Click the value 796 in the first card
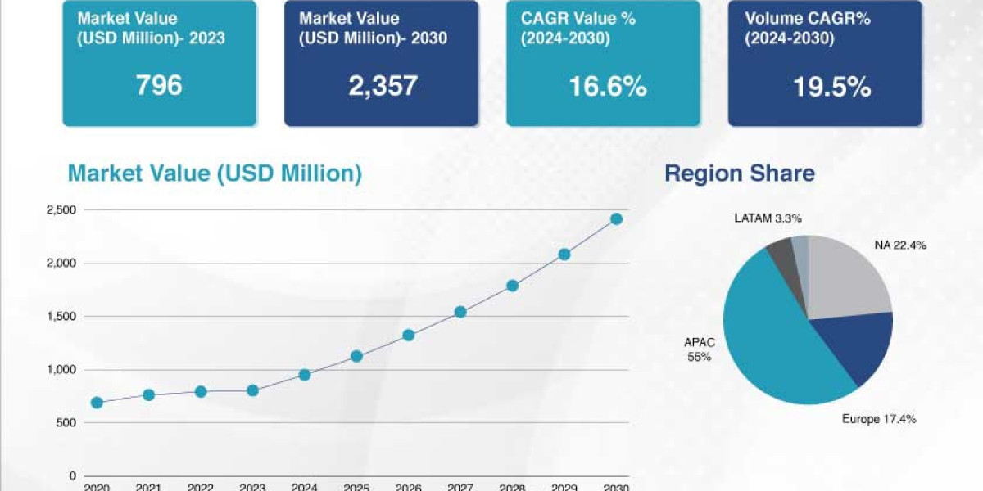(159, 85)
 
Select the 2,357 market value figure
(382, 85)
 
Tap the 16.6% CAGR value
(606, 85)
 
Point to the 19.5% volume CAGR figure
(831, 87)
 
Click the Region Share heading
(739, 173)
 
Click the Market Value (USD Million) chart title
(215, 173)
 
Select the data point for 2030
(616, 219)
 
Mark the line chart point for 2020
(97, 403)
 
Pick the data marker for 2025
(356, 356)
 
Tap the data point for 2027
(460, 312)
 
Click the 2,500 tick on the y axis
(61, 210)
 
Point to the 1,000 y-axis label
(61, 370)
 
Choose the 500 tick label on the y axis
(66, 423)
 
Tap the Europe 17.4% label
(879, 419)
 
